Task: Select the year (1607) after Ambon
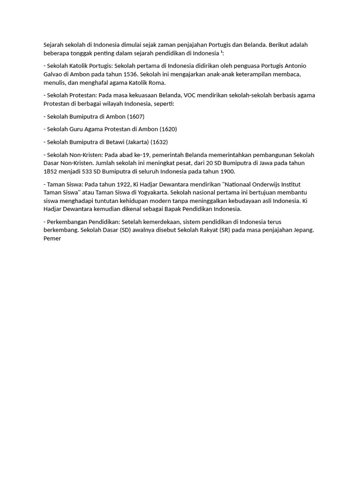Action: (x=136, y=116)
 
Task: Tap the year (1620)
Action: (x=168, y=129)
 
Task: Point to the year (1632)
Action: (x=159, y=142)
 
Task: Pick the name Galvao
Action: (x=53, y=74)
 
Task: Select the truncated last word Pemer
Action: (x=52, y=238)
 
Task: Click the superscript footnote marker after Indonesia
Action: (x=222, y=52)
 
